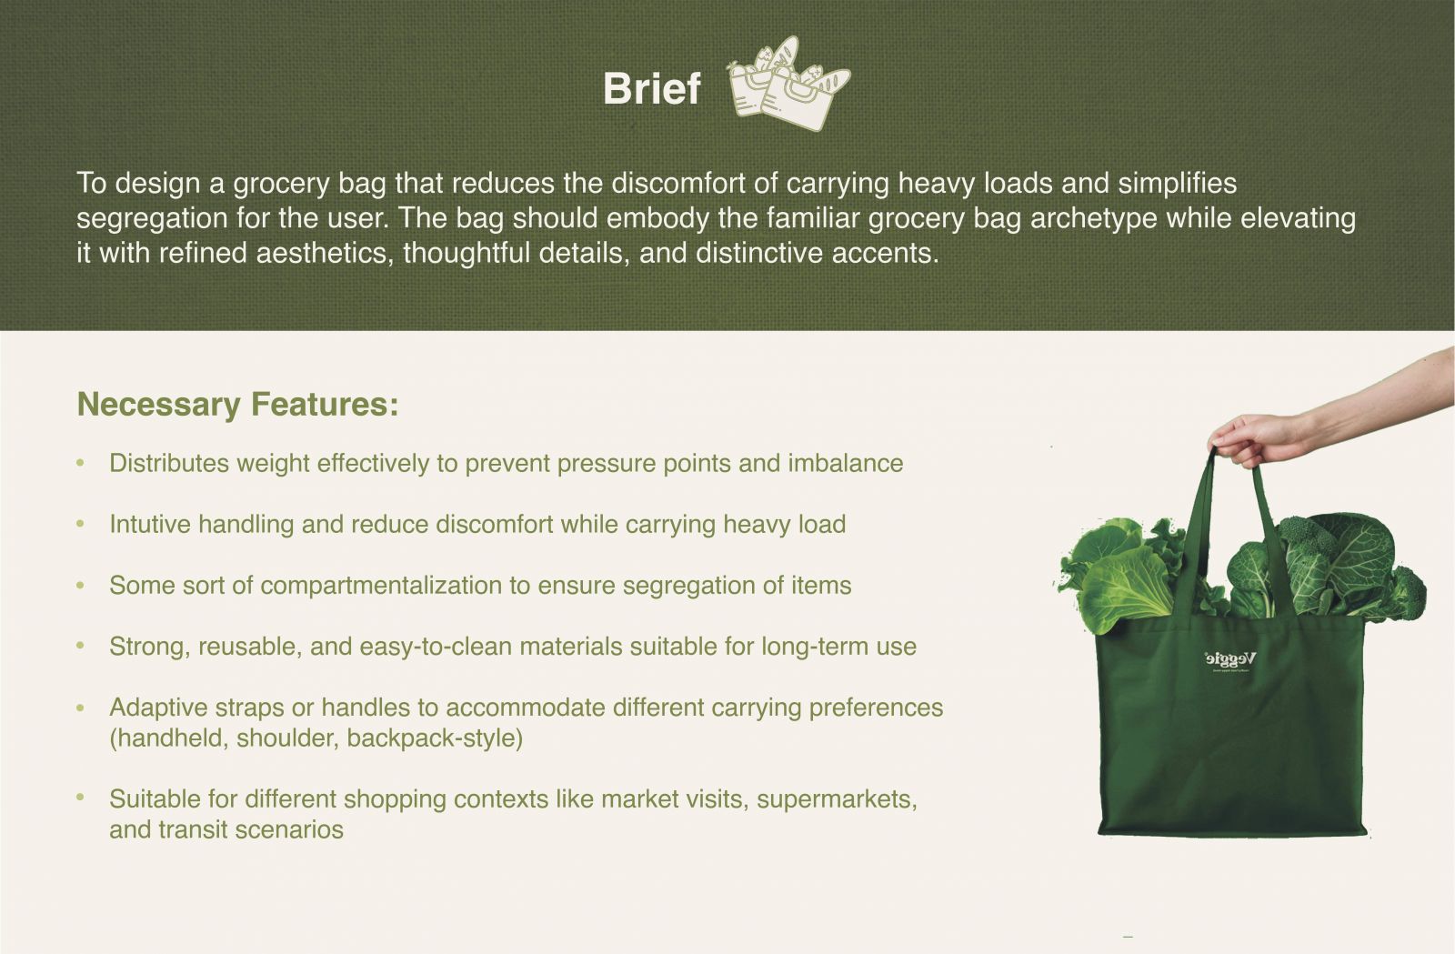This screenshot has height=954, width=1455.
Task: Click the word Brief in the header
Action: coord(651,88)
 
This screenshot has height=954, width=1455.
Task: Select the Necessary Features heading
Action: coord(237,405)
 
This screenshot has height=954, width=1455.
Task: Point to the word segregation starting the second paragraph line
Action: coord(152,218)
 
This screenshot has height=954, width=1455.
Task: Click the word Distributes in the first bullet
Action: coord(169,463)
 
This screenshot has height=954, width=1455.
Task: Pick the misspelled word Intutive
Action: coord(150,524)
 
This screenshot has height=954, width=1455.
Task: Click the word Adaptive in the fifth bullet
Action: coord(158,708)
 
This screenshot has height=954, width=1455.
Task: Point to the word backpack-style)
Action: coord(435,738)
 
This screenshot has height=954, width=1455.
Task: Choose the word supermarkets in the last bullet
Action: coord(837,799)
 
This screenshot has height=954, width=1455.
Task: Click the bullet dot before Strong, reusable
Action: coord(81,646)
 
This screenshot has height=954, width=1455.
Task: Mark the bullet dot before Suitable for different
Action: coord(81,797)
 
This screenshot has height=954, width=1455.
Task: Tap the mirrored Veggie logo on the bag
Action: coord(1230,660)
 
